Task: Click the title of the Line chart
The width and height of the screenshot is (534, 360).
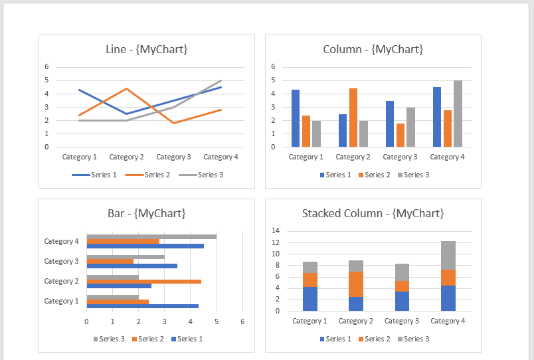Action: coord(146,49)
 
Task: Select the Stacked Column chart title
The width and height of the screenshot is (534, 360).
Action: coord(373,213)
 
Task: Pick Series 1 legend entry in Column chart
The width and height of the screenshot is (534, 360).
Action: coord(335,175)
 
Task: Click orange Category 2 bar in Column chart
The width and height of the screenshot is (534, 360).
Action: coord(353,118)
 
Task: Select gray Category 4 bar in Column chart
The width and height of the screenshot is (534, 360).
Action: coord(458,114)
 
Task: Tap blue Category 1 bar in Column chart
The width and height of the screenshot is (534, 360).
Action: coord(296,118)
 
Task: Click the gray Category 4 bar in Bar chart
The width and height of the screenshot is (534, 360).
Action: coord(151,236)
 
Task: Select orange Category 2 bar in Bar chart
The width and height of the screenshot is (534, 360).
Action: coord(143,282)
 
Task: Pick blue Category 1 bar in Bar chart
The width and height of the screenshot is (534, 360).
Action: coord(142,306)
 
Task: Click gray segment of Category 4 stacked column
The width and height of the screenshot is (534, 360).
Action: coord(448,255)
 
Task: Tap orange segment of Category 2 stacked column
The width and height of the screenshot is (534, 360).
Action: coord(355,284)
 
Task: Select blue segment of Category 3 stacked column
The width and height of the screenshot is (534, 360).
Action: coord(401,301)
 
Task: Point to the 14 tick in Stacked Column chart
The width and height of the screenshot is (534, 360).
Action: coord(276,231)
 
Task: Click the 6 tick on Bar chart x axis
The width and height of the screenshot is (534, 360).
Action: coord(242,321)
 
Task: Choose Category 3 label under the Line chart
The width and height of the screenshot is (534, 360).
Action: coord(173,157)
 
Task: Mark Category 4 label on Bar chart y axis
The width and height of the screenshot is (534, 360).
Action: coord(61,241)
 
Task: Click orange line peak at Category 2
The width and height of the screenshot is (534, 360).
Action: coord(127,88)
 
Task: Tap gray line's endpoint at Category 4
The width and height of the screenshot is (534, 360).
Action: coord(221,80)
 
